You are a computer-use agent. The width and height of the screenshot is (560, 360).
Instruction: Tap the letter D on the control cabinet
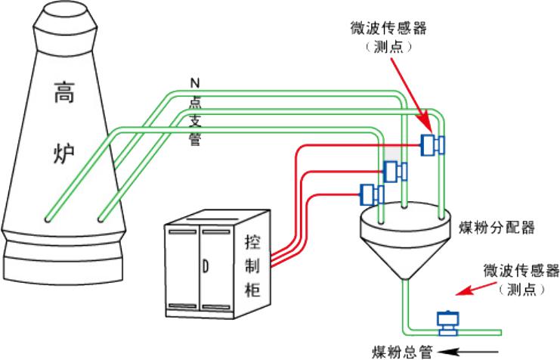click(206, 265)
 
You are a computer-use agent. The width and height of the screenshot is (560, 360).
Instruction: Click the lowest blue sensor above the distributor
click(371, 195)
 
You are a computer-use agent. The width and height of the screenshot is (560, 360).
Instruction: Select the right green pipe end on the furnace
click(102, 219)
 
